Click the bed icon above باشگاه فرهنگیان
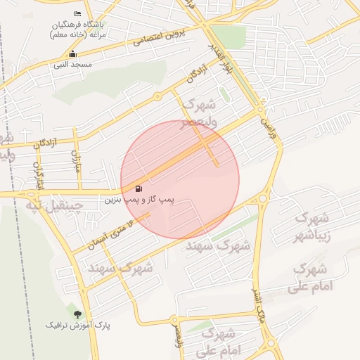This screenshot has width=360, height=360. coord(77,14)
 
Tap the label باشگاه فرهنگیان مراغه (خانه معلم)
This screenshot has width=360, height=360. coord(78,29)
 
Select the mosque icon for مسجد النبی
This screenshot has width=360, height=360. coord(72,54)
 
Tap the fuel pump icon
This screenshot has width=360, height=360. coord(139,188)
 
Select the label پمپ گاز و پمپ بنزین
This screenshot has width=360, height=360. coord(139,200)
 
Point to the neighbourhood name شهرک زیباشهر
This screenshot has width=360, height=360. coord(312,227)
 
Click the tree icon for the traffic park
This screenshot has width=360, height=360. coord(77,314)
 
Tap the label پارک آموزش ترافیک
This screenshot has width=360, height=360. coord(78,326)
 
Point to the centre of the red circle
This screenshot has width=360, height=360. coord(180,179)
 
